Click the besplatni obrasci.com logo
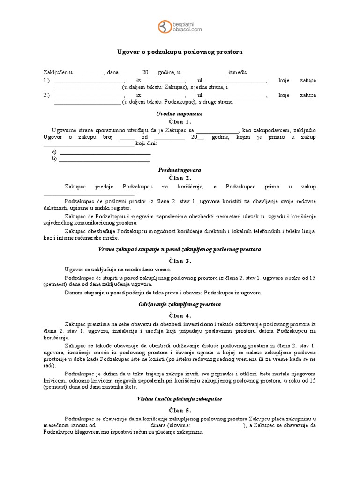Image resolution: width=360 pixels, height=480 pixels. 180,26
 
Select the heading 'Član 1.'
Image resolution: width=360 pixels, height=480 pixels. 180,121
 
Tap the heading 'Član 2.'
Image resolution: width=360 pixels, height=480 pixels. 180,178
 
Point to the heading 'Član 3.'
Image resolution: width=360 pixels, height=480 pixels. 180,261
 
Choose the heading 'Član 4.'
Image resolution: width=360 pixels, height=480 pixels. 180,315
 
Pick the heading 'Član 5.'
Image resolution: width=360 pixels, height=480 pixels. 180,410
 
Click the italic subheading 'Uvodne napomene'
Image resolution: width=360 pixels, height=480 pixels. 180,113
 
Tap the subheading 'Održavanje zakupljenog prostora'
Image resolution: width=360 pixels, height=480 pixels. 180,304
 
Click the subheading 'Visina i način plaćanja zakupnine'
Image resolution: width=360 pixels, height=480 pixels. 180,399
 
